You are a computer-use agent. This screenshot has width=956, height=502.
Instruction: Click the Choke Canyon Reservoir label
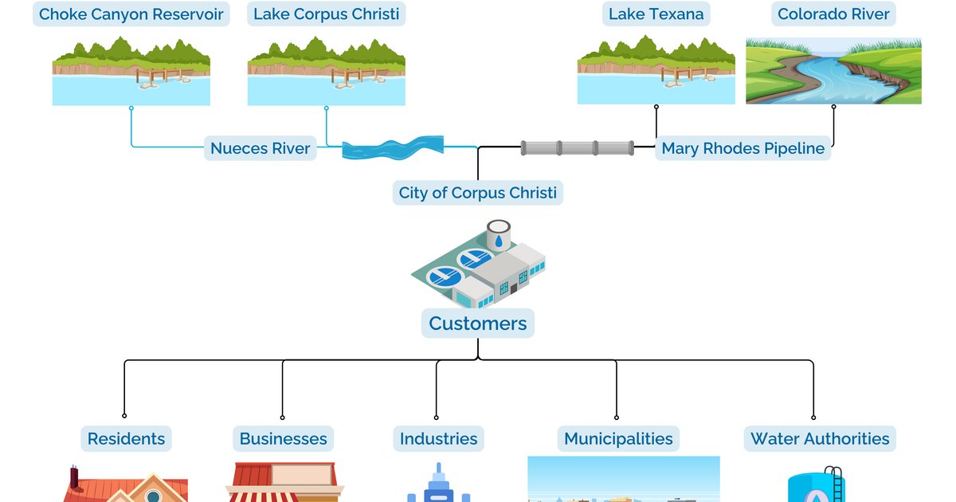coord(131,14)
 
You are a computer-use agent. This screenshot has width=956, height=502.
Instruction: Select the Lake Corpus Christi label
coord(327,14)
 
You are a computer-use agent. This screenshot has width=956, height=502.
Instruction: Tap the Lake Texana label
coord(656,14)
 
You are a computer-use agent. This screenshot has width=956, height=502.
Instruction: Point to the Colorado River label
coord(834,14)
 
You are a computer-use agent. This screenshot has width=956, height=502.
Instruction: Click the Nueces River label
coord(261,148)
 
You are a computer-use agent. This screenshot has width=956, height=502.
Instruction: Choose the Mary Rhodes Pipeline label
coord(742,148)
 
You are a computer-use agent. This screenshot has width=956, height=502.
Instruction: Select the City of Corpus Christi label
coord(478,193)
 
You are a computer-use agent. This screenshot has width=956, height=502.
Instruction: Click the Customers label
coord(478,324)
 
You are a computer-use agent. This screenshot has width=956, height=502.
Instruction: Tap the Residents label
coord(126,438)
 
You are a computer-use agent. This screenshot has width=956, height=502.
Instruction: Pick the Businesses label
coord(283,438)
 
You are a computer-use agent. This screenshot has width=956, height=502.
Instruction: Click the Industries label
coord(438,438)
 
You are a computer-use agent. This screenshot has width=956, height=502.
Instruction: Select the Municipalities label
coord(618,438)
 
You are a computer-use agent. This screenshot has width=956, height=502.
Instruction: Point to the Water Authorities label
coord(820,438)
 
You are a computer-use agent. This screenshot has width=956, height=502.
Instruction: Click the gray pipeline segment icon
coord(578,148)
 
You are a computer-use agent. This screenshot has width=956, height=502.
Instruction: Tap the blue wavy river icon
coord(394,148)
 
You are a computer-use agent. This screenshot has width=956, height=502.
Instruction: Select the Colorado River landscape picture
coord(833,71)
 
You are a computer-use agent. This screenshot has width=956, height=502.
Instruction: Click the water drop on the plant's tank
coord(499,238)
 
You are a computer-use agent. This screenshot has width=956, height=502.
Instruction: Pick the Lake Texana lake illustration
coord(656,71)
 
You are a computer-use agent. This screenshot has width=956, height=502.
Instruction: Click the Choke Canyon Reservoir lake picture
coord(131,71)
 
